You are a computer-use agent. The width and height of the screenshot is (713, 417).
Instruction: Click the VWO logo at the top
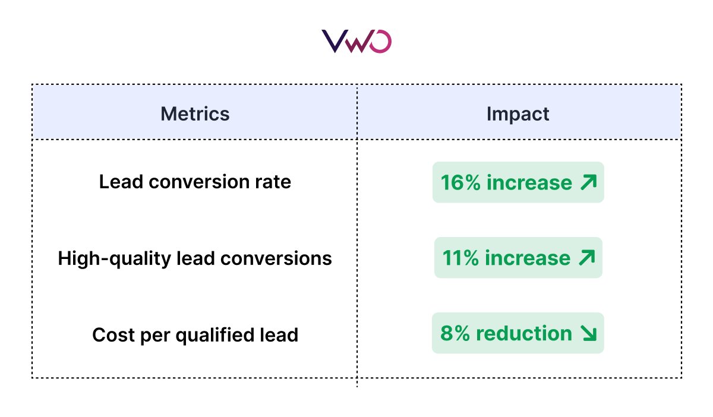click(x=356, y=42)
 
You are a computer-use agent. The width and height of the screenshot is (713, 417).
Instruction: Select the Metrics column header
click(x=195, y=113)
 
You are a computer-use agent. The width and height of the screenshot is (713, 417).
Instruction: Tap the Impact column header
click(x=518, y=113)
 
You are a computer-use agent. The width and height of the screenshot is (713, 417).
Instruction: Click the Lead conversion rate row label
click(x=195, y=182)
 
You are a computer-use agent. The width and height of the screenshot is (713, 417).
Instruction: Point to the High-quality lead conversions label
click(x=195, y=258)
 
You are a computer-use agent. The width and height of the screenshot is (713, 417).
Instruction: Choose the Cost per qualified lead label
click(x=195, y=335)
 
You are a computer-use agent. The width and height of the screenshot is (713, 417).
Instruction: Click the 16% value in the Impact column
click(x=460, y=182)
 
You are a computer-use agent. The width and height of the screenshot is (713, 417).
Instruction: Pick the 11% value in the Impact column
click(x=461, y=258)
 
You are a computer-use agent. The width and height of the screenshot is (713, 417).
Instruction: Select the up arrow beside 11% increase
click(x=586, y=258)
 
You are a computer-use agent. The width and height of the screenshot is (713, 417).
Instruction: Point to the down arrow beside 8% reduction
click(x=588, y=334)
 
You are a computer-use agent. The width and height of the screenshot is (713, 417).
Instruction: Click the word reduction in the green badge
click(x=524, y=334)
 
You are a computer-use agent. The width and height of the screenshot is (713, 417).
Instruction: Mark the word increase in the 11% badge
click(x=528, y=258)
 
